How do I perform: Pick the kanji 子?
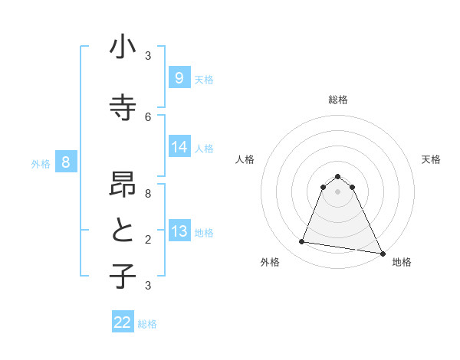[x=123, y=276]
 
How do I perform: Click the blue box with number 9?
[x=179, y=77]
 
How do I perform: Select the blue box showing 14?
[x=179, y=147]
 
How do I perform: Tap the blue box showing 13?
[x=179, y=231]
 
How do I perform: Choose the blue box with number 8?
[x=66, y=162]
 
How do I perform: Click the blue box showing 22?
[x=123, y=322]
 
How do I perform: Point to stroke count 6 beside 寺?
[x=148, y=116]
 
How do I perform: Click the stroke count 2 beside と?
[x=148, y=240]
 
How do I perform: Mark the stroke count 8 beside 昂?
[x=148, y=194]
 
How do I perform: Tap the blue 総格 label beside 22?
[x=148, y=324]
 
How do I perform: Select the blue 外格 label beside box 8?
[x=41, y=163]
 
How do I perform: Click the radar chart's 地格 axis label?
[x=402, y=262]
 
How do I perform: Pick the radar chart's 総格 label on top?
[x=338, y=100]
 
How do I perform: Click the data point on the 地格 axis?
[x=382, y=252]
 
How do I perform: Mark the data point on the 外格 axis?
[x=301, y=242]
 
